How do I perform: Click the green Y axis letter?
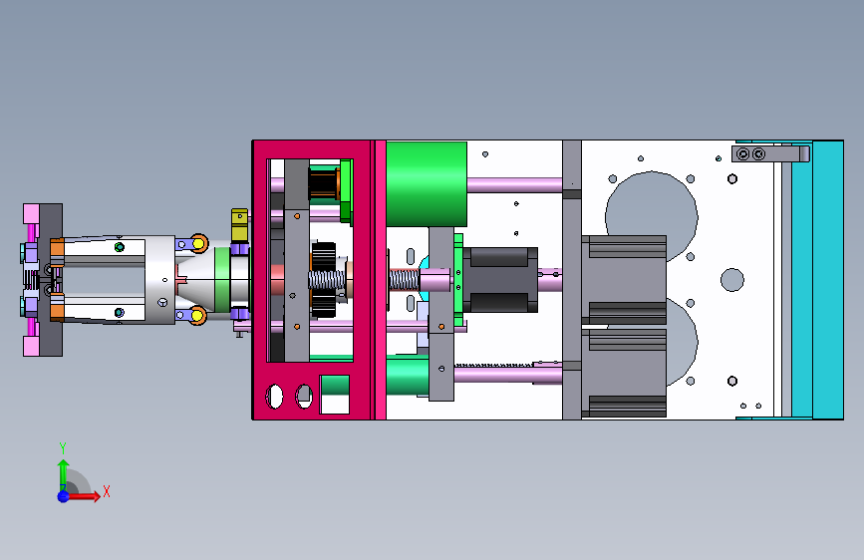[63, 447]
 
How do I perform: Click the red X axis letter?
[107, 491]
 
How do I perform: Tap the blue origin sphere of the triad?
[64, 496]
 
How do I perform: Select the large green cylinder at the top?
[427, 184]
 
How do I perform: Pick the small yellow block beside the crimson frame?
[239, 225]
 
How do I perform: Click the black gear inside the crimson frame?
[324, 280]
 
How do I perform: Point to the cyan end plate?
[828, 280]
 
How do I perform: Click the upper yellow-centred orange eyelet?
[198, 243]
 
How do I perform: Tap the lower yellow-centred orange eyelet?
[197, 315]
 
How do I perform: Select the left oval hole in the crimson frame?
[274, 397]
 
